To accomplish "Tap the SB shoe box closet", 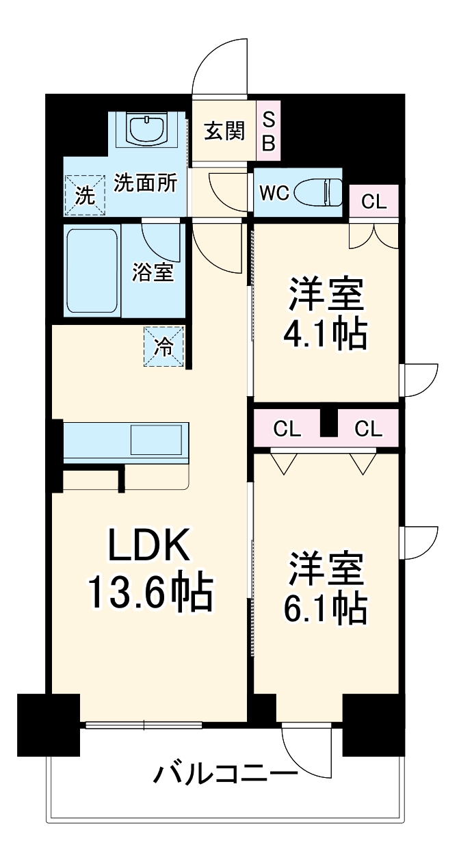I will [x=269, y=131].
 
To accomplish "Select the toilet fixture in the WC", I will [x=322, y=192].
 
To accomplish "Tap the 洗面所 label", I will [x=145, y=183].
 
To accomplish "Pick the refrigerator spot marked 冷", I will [x=165, y=347].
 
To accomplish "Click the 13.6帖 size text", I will [x=150, y=592].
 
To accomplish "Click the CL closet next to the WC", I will [x=373, y=201].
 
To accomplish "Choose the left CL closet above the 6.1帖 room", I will [x=287, y=429].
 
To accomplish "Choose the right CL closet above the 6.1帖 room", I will [x=368, y=429].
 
